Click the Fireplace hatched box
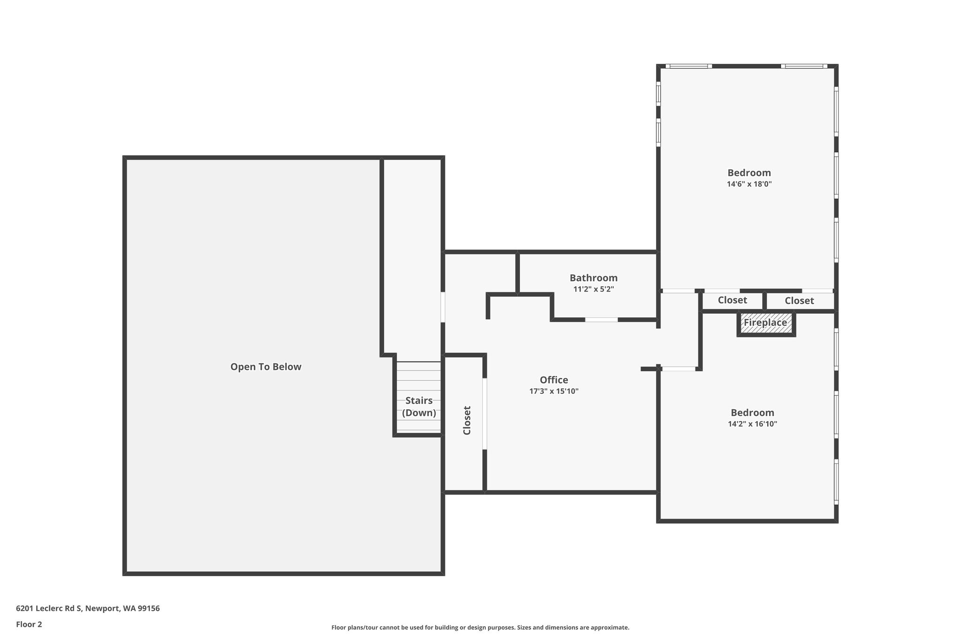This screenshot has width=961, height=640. tap(766, 323)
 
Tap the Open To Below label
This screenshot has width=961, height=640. tap(266, 367)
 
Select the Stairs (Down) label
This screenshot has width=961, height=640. tap(419, 407)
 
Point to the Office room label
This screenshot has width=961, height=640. tap(554, 380)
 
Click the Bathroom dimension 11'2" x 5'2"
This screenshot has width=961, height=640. tap(594, 289)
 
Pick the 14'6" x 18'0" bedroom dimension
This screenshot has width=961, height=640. tap(749, 184)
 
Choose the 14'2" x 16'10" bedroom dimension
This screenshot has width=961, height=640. tap(753, 424)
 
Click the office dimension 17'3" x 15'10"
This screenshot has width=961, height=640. tap(554, 392)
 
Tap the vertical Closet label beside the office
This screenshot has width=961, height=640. tap(467, 420)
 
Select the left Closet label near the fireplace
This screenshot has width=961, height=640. tap(732, 300)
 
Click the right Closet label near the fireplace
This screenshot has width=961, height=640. tap(800, 301)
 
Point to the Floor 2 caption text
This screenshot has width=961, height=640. tap(29, 624)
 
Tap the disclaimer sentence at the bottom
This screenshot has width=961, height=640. tap(480, 627)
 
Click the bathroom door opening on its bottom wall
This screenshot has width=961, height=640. tap(601, 320)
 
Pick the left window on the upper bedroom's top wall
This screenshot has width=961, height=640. tap(689, 66)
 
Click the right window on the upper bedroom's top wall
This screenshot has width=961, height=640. tap(804, 66)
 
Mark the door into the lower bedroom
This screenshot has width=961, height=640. tap(679, 369)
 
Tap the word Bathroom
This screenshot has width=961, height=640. tap(594, 278)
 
